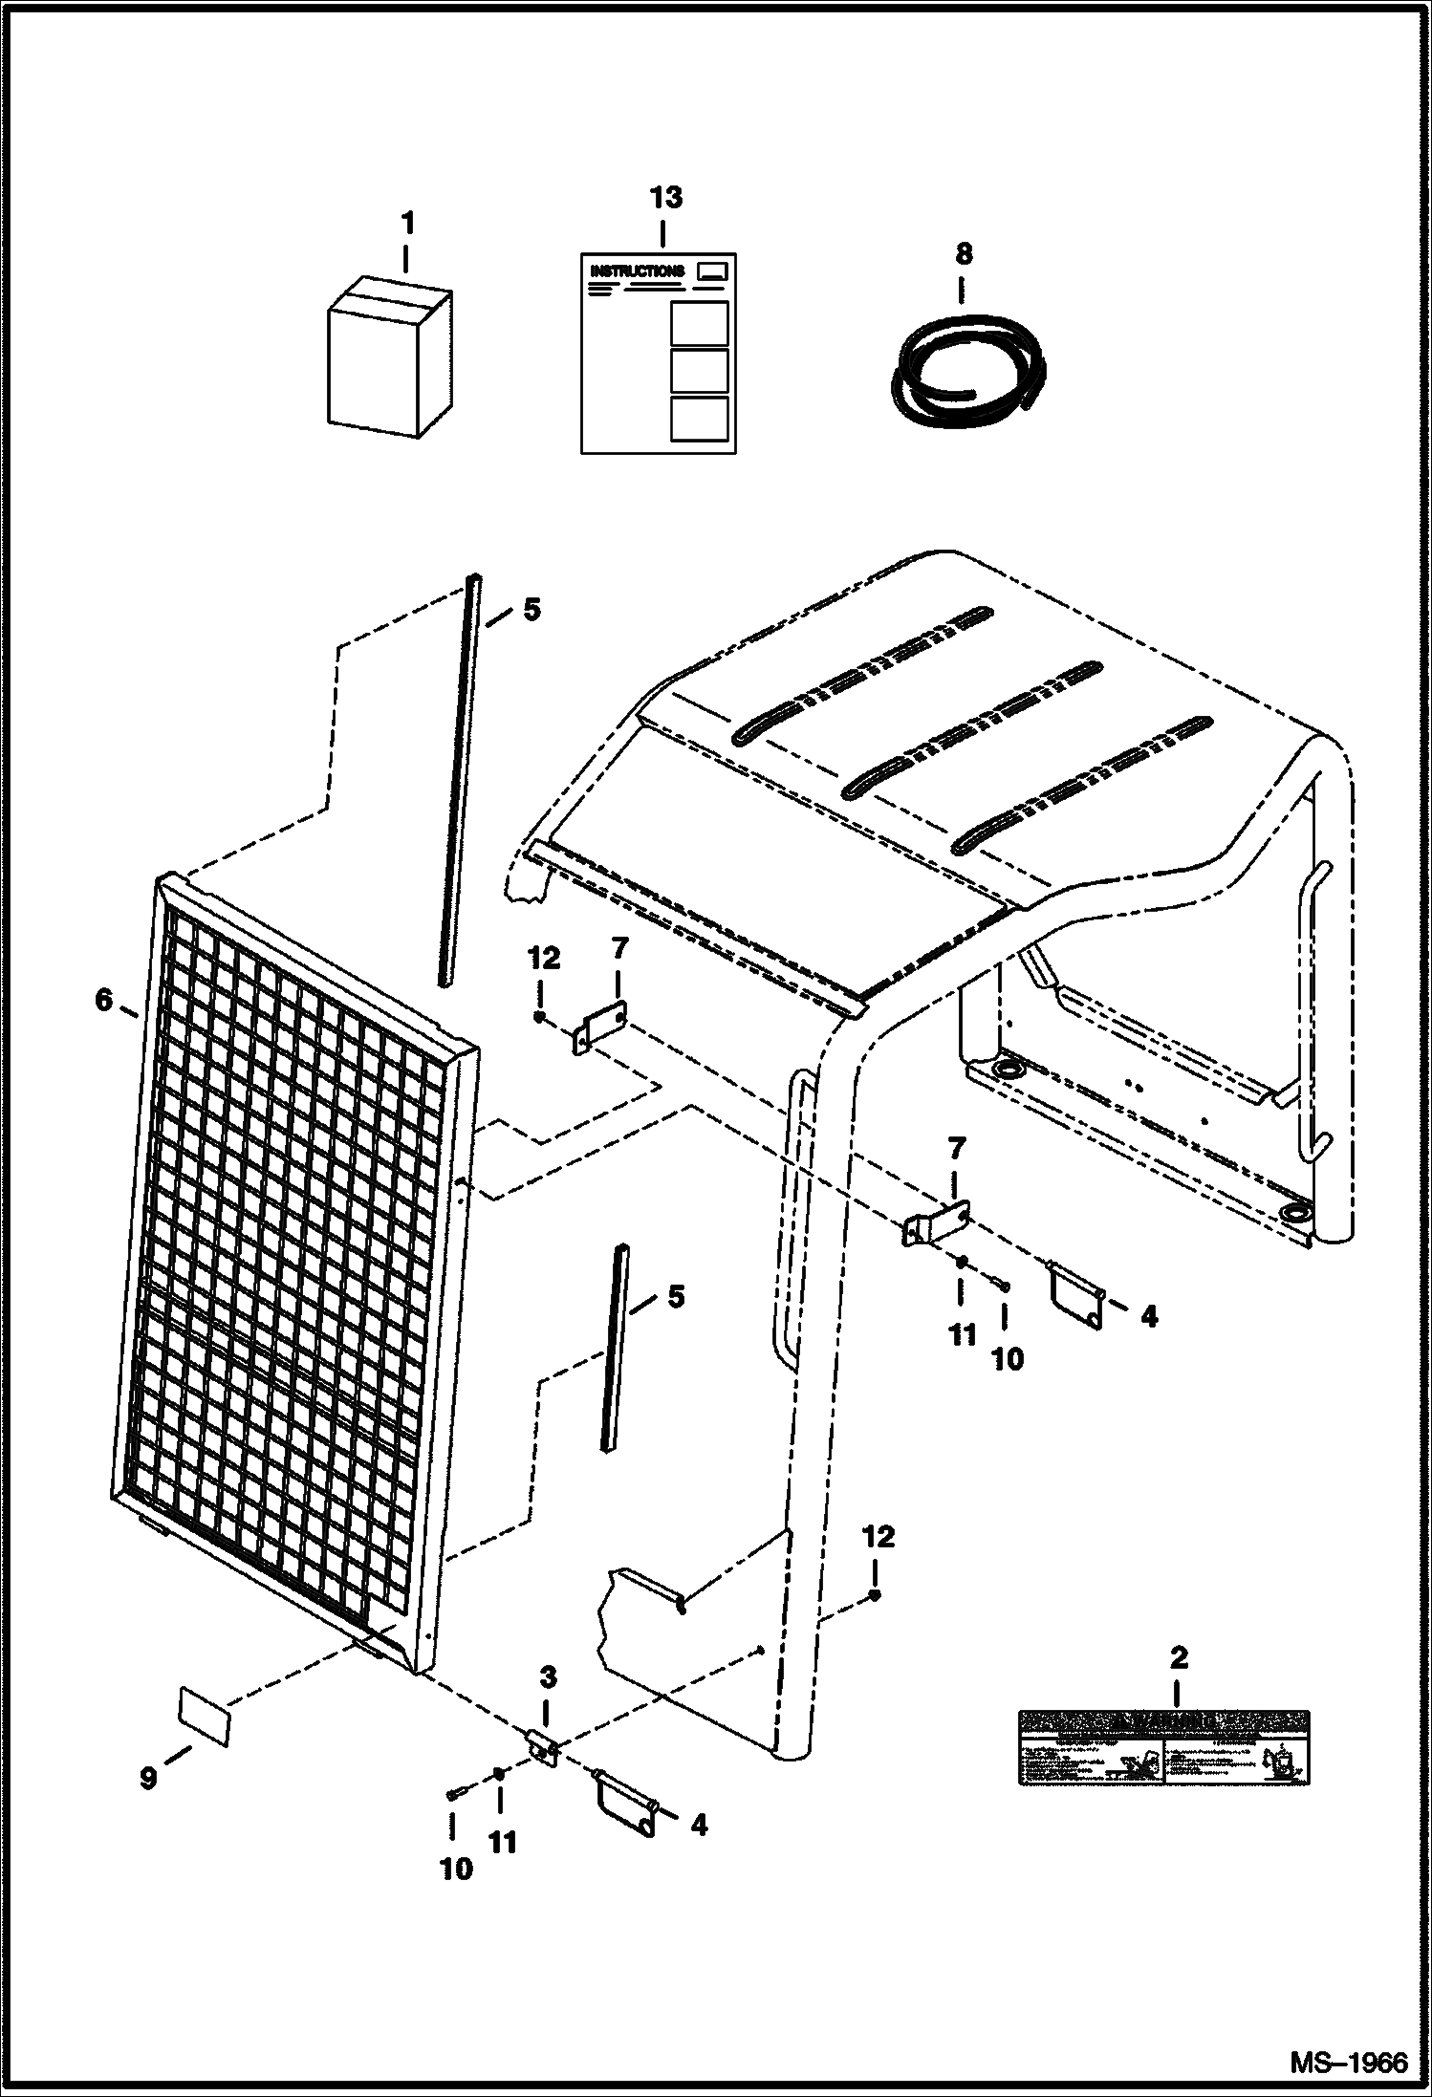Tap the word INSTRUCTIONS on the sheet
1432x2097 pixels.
(x=637, y=271)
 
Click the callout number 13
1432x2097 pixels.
(x=665, y=198)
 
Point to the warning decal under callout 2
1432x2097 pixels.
(x=1163, y=1747)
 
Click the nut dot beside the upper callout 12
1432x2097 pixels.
(x=540, y=1018)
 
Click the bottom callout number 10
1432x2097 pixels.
(x=456, y=1870)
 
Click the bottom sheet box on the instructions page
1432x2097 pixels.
(x=699, y=419)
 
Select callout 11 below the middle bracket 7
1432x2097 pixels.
(x=962, y=1334)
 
